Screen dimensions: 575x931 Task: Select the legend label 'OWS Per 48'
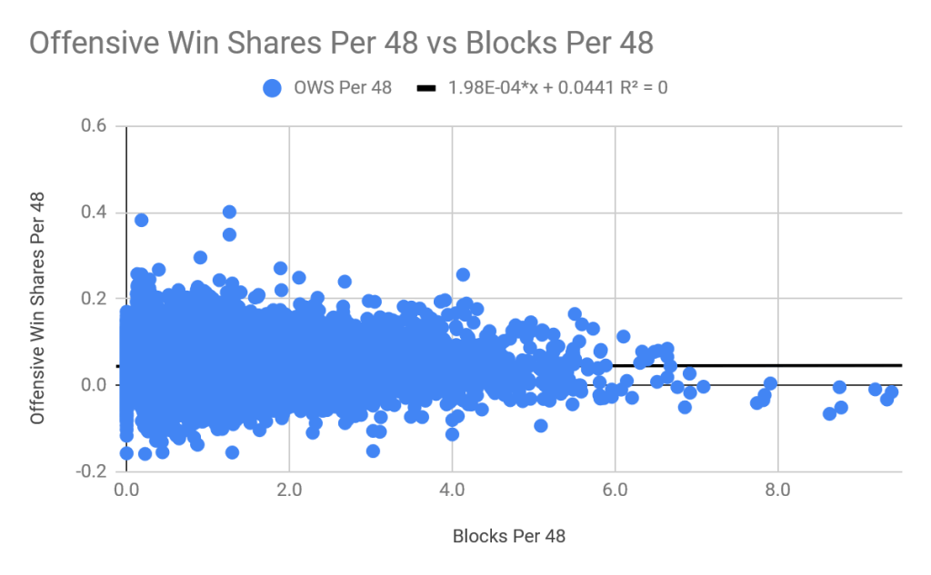(x=342, y=88)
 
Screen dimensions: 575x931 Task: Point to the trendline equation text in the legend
(x=559, y=88)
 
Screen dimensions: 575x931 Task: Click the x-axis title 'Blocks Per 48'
(x=509, y=536)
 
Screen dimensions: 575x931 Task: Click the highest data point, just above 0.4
(x=229, y=212)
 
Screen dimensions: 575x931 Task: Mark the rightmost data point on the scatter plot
(x=892, y=392)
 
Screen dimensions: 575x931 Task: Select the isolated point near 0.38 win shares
(x=141, y=220)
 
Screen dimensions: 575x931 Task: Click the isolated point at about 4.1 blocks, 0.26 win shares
(x=463, y=274)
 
